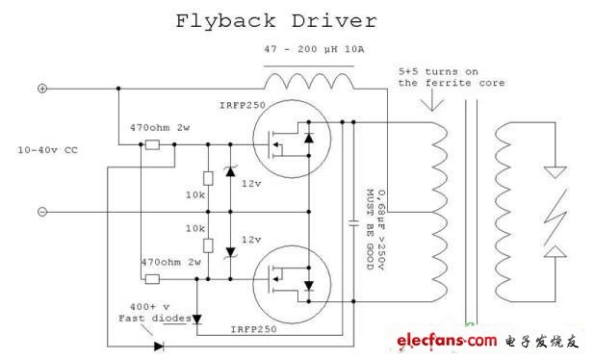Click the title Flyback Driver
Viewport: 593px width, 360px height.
[276, 21]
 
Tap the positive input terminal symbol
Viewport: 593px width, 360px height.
[42, 89]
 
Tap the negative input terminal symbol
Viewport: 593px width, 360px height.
[42, 212]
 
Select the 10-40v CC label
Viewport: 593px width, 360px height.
[48, 150]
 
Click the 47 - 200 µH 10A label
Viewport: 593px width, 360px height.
[314, 49]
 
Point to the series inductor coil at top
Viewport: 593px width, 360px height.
[309, 81]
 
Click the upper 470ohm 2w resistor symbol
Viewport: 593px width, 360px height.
[152, 144]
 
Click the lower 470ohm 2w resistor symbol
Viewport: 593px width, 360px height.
[152, 279]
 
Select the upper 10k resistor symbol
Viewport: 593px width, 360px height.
[208, 178]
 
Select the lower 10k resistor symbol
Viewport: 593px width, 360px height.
[208, 245]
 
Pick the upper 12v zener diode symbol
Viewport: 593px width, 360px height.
[230, 171]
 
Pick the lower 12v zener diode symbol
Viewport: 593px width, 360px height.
[230, 252]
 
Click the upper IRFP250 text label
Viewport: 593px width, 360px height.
[243, 105]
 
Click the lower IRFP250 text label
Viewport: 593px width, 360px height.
[254, 329]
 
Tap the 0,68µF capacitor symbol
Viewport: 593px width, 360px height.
[353, 223]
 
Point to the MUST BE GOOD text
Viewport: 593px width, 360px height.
[370, 229]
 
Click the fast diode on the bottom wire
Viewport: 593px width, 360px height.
[159, 346]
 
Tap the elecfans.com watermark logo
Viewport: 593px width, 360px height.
[447, 341]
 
